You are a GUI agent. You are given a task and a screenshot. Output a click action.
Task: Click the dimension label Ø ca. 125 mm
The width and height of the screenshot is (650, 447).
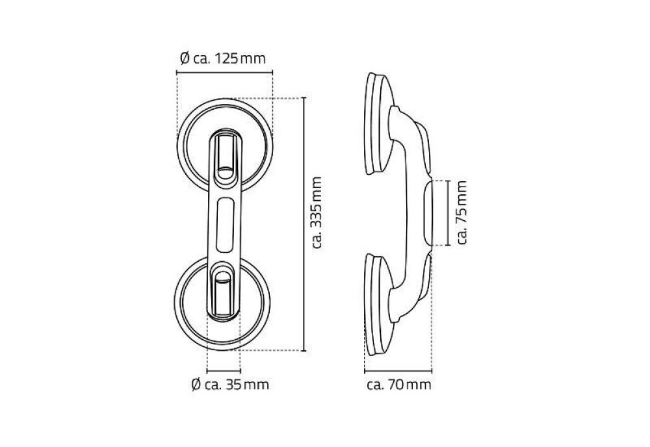point(222,59)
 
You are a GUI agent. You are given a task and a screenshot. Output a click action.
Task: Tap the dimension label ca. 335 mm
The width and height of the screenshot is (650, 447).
point(317,212)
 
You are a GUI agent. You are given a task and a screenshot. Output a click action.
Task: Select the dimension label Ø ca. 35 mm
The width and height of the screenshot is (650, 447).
point(230,385)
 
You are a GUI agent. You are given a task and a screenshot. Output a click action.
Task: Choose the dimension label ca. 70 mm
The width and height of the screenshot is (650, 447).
point(398,385)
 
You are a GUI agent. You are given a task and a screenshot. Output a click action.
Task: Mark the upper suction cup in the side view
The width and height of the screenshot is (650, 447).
point(378,123)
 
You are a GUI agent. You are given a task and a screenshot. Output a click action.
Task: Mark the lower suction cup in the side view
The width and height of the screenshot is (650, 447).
point(377,305)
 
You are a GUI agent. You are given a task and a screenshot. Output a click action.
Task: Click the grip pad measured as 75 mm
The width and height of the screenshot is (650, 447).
point(428,212)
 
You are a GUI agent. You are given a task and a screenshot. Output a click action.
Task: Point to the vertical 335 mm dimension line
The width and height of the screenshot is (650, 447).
point(304,224)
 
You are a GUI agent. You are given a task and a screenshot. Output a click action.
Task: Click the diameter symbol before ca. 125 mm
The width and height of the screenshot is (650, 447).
point(183,59)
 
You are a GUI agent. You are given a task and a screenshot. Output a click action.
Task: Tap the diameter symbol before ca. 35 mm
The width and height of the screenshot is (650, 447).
point(196,385)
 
